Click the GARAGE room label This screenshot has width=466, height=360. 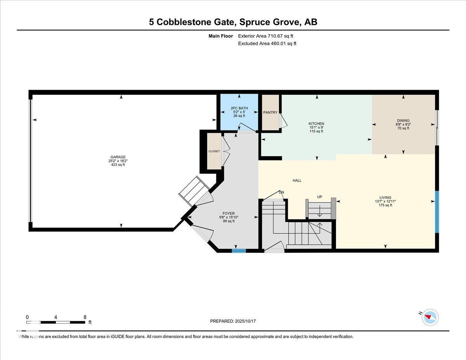click(x=118, y=157)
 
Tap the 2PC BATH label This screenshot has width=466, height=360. click(x=239, y=108)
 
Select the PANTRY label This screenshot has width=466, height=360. click(x=270, y=113)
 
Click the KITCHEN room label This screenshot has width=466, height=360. click(x=316, y=124)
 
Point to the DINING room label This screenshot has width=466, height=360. click(x=403, y=121)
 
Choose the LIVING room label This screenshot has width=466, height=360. click(x=385, y=198)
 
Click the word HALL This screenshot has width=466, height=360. click(x=297, y=181)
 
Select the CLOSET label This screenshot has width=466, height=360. click(x=214, y=151)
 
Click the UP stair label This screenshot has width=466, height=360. click(x=320, y=197)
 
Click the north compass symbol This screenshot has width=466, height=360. click(x=429, y=317)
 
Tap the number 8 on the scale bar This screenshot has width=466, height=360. click(x=85, y=317)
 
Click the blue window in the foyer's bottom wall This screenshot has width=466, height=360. click(x=239, y=250)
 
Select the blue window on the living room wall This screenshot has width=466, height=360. click(x=437, y=212)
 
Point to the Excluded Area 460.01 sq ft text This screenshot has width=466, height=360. click(x=267, y=43)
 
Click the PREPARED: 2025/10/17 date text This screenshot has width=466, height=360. click(x=233, y=321)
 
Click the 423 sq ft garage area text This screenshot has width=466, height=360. click(x=118, y=165)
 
